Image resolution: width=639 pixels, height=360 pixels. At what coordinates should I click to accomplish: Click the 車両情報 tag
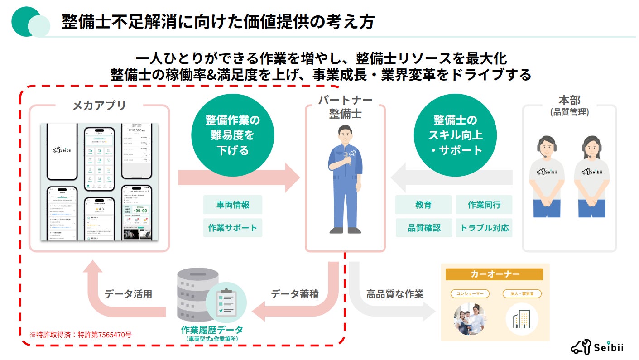pos(232,205)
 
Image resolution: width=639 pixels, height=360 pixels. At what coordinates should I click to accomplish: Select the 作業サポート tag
pos(232,228)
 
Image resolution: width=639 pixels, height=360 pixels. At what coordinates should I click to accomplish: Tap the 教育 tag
pos(423,205)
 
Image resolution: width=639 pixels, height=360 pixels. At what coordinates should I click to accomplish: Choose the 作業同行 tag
pos(484,205)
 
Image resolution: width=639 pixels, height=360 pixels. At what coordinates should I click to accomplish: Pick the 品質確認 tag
pos(424,228)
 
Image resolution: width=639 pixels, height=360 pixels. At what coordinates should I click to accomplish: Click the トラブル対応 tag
pos(484,228)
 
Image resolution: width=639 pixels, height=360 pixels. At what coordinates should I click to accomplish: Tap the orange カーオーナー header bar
pos(495,274)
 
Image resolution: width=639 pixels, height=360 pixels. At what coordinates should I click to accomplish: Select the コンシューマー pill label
pos(470,294)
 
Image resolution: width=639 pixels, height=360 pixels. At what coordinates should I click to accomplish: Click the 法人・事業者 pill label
pos(522,294)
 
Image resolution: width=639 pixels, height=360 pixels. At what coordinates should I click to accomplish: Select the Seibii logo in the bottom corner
pos(597,347)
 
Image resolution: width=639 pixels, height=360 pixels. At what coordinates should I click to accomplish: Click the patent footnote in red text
pos(81,335)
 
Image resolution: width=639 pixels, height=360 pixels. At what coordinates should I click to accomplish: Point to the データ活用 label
pos(128,294)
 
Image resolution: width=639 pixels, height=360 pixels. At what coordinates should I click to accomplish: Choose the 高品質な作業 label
pos(394,294)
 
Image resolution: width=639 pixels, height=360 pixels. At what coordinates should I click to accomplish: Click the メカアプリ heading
pos(99,106)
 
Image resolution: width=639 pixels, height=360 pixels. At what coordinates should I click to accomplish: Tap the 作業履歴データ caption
pos(212,330)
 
